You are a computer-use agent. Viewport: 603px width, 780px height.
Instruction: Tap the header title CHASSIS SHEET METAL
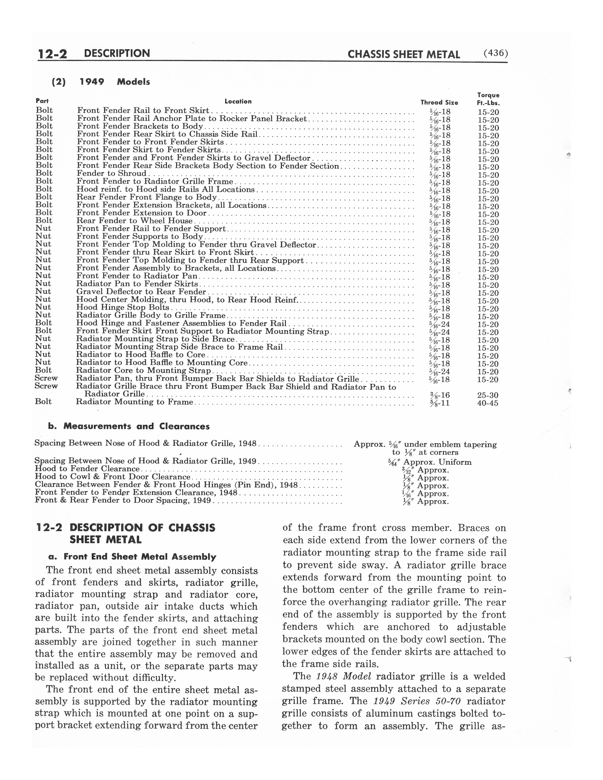click(404, 54)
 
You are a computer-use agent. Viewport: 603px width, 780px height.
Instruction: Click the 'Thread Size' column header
click(439, 103)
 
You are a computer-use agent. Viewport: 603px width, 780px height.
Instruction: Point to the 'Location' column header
click(238, 101)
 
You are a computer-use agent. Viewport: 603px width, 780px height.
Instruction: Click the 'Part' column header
click(42, 101)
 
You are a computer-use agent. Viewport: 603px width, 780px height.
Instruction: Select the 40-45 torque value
click(488, 403)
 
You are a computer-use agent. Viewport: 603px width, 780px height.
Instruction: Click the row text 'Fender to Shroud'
click(111, 173)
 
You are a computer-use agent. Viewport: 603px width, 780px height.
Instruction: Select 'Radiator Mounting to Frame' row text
click(134, 402)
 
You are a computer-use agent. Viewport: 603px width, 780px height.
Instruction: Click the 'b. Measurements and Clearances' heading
click(129, 426)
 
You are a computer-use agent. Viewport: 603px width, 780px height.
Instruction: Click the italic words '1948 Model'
click(344, 676)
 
